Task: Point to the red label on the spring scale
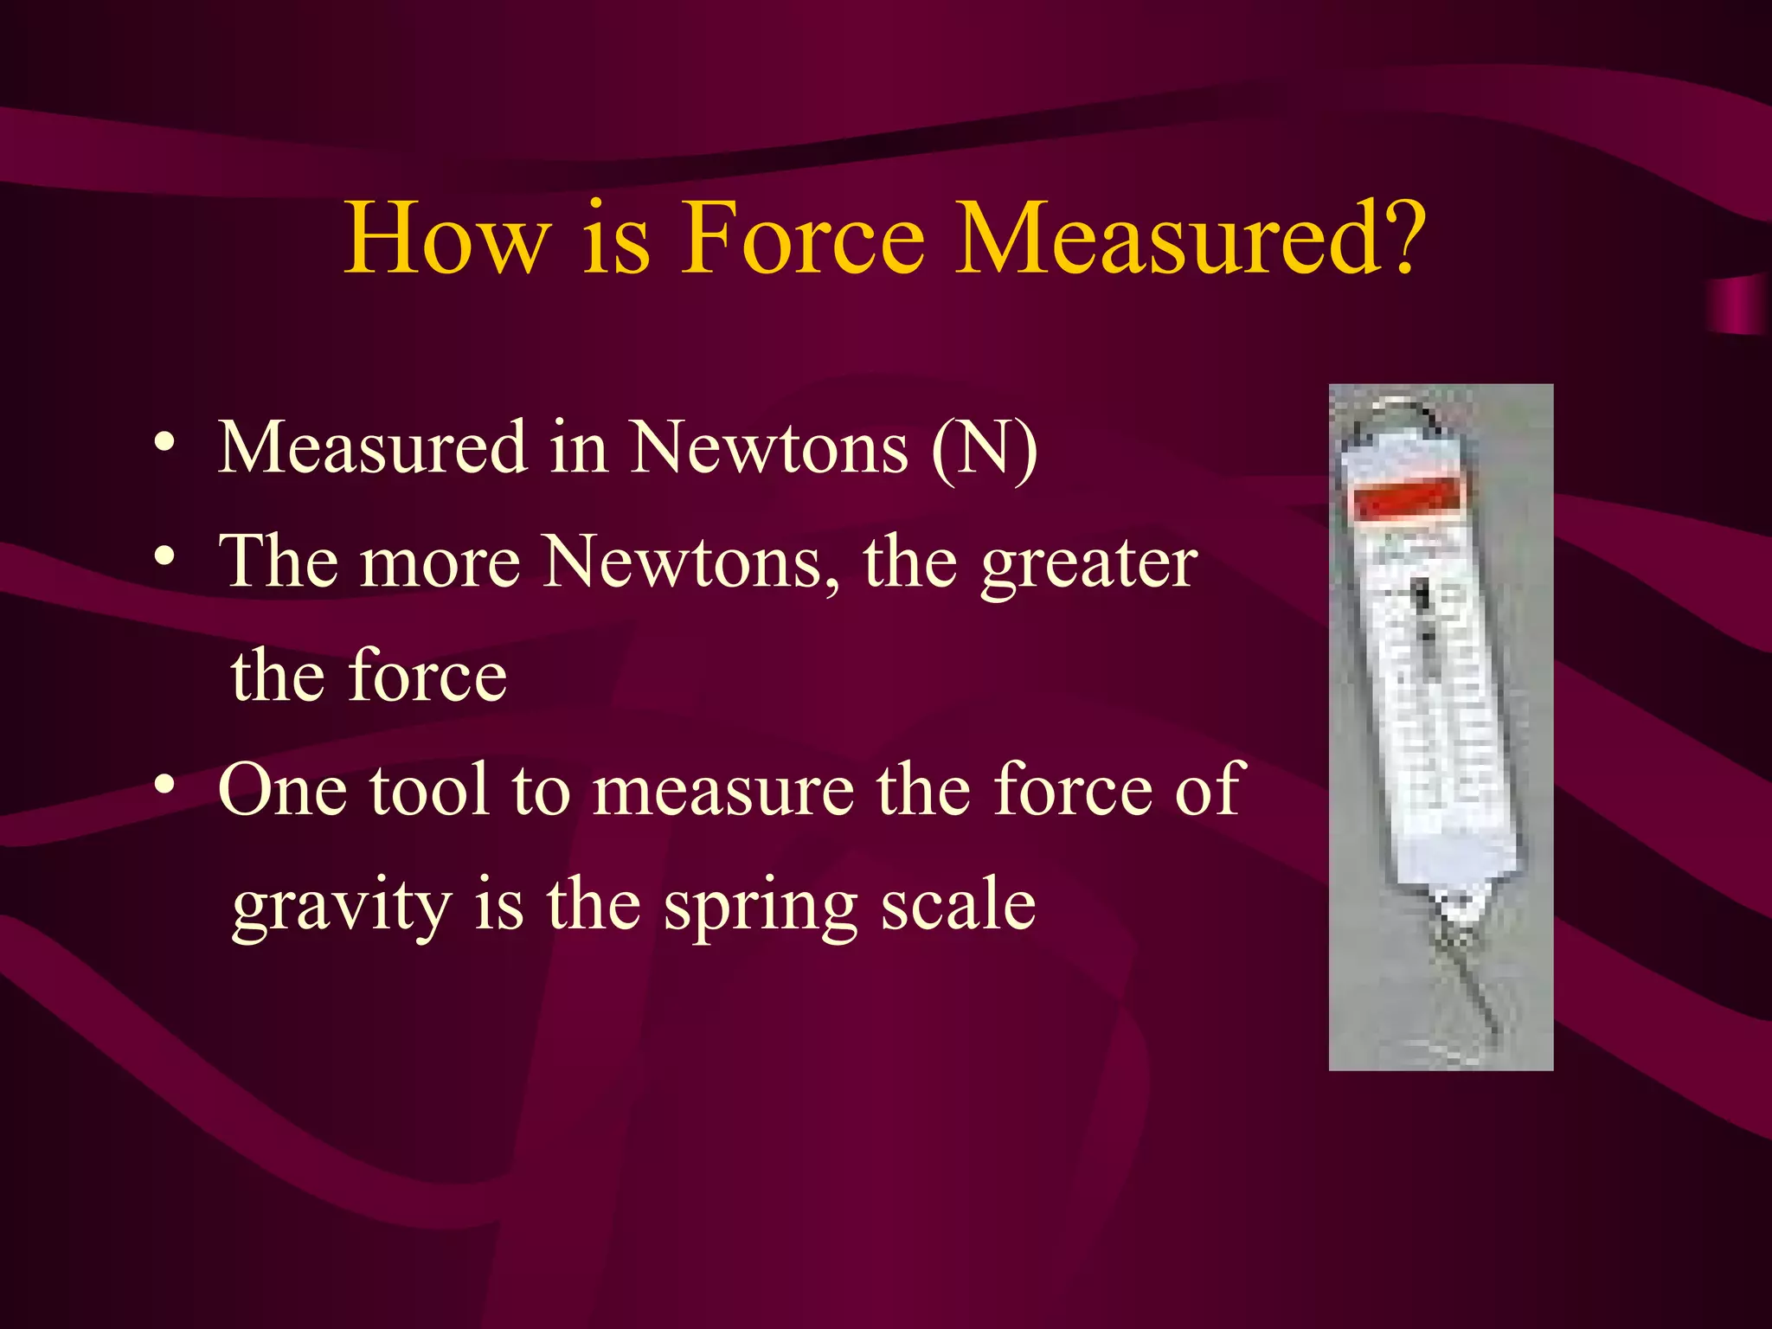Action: click(1408, 499)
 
